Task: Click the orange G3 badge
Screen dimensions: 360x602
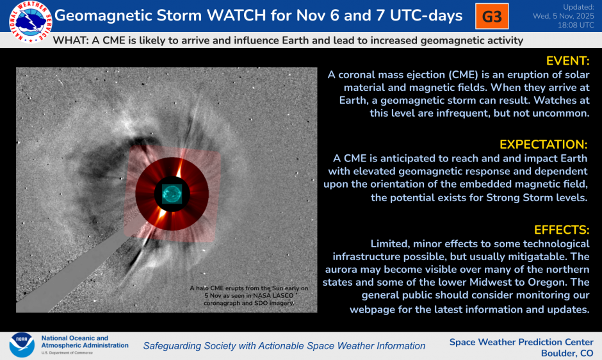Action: coord(491,17)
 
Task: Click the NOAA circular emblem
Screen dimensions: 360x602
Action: coord(21,345)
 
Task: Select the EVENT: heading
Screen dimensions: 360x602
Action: coord(567,61)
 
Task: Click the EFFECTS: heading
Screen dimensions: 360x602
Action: coord(561,229)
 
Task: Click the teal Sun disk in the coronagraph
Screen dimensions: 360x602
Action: coord(172,193)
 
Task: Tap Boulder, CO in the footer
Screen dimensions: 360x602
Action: coord(567,353)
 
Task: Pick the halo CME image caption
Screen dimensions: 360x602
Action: coord(248,296)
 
